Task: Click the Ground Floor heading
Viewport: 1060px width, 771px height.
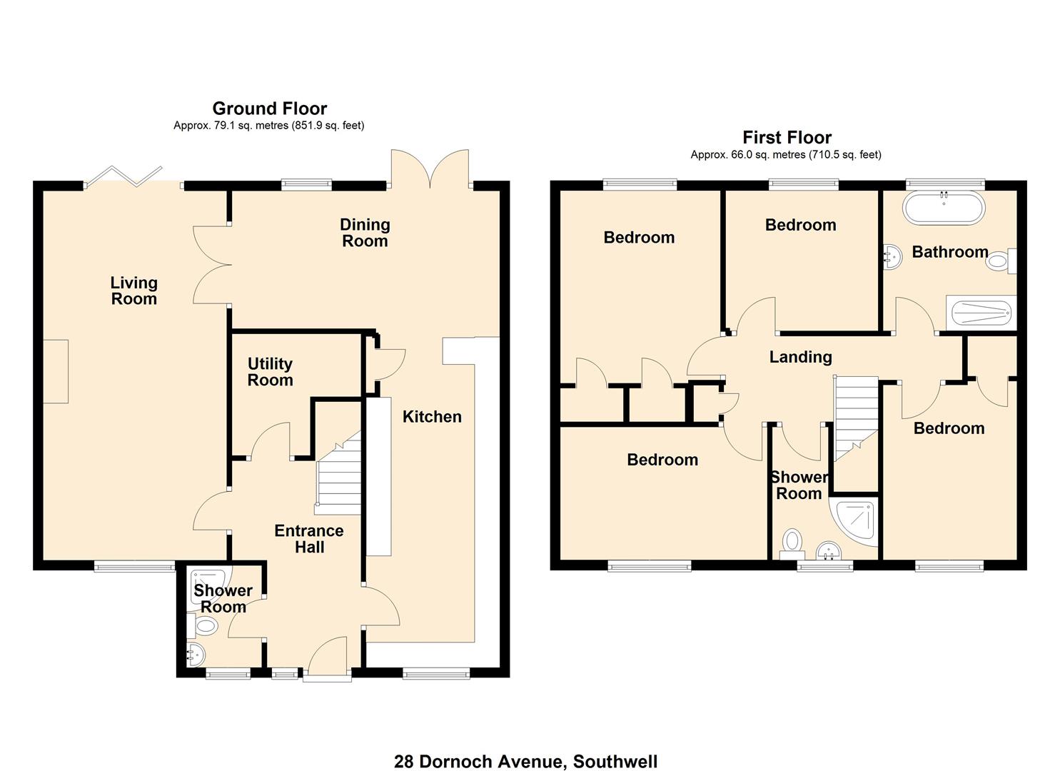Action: click(x=269, y=109)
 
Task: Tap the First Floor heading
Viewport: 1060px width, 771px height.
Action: click(x=787, y=137)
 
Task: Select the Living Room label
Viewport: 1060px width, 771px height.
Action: click(x=133, y=291)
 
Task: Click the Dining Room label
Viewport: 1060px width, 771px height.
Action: click(x=365, y=233)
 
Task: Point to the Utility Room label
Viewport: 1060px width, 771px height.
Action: click(x=270, y=372)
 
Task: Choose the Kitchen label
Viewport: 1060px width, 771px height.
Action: click(x=432, y=417)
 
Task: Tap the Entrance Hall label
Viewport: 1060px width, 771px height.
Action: click(x=309, y=539)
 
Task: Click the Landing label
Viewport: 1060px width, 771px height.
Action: click(x=800, y=357)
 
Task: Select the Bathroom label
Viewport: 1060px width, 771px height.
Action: click(x=949, y=252)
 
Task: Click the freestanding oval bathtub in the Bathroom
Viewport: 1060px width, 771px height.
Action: click(x=944, y=209)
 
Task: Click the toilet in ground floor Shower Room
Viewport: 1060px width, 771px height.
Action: click(x=204, y=627)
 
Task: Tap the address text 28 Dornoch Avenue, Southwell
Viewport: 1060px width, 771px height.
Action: click(x=525, y=762)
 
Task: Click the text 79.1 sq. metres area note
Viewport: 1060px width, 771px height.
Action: click(x=268, y=126)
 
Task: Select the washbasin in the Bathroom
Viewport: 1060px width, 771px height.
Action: click(x=892, y=256)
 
